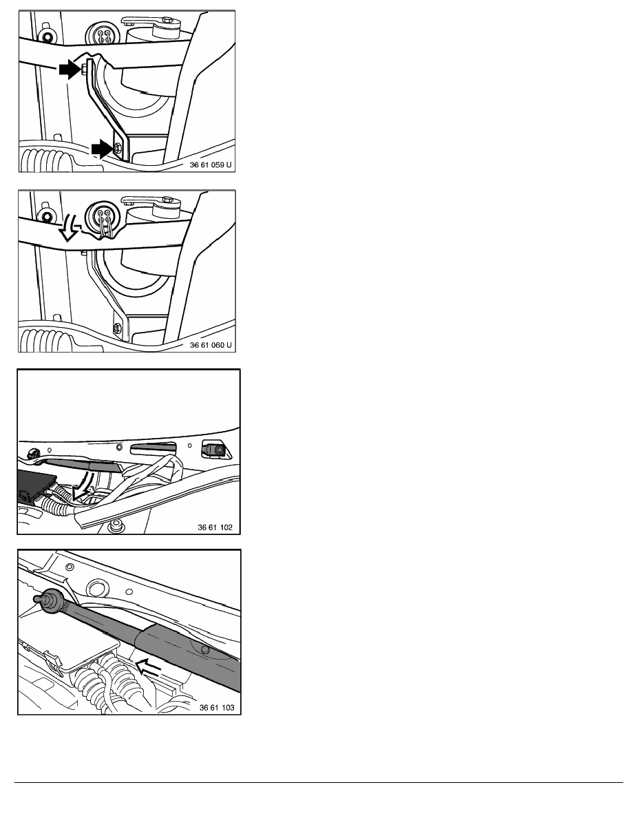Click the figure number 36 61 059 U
click(211, 165)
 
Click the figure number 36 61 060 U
click(211, 345)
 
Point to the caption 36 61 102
click(215, 527)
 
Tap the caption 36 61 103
click(217, 707)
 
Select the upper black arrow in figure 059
click(70, 69)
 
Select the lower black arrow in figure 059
click(102, 149)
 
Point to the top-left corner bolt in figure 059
click(48, 38)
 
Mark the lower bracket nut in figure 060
click(117, 329)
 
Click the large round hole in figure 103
click(97, 589)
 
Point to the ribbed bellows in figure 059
click(45, 160)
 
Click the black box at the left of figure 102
click(34, 485)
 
